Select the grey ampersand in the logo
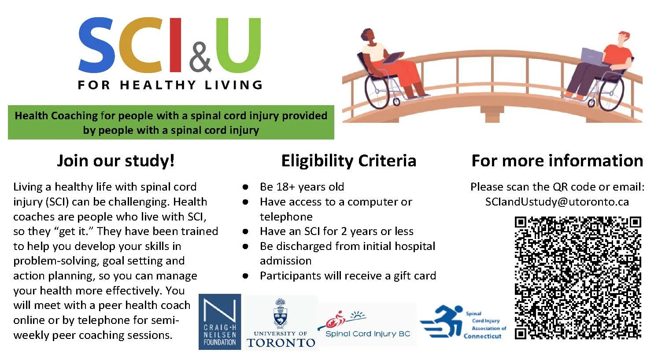[x=200, y=57]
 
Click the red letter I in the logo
[x=175, y=44]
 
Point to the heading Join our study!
[x=116, y=161]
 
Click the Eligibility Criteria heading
[x=349, y=161]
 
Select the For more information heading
[x=557, y=161]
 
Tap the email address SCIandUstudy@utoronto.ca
[x=557, y=202]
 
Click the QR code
[x=578, y=278]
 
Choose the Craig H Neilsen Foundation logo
[x=220, y=322]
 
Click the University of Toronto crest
[x=281, y=313]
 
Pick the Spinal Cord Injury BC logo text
[x=368, y=334]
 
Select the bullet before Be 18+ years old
[x=246, y=187]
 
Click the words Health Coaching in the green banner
[x=56, y=116]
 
